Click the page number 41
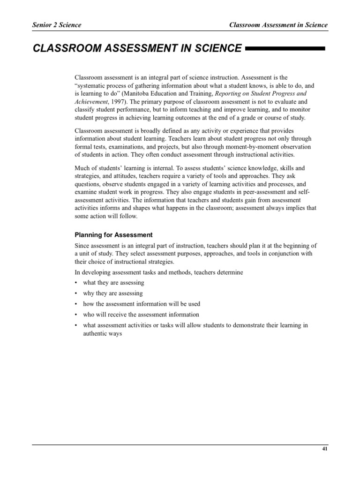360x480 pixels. (325, 449)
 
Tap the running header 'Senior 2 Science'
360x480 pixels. (57, 25)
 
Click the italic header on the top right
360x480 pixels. (278, 25)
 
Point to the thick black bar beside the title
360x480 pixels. (285, 48)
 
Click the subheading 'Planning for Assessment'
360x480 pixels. (114, 235)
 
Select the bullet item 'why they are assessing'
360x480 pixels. (113, 293)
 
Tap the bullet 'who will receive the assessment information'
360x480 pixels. (141, 315)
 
